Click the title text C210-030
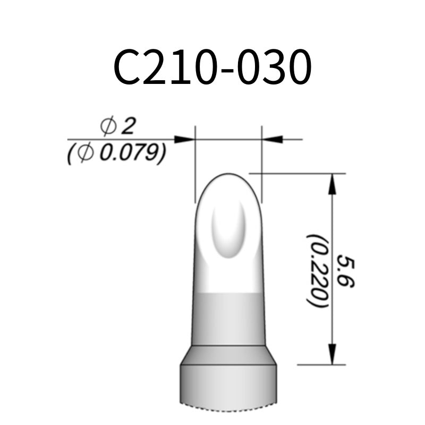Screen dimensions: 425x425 pyautogui.click(x=212, y=68)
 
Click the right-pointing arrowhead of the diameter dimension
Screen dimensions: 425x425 pyautogui.click(x=184, y=139)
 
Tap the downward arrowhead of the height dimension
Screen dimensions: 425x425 pyautogui.click(x=333, y=355)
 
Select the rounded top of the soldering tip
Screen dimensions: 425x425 pyautogui.click(x=228, y=181)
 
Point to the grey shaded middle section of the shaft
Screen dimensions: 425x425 pyautogui.click(x=228, y=319)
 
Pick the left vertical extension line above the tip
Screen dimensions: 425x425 pyautogui.click(x=195, y=159)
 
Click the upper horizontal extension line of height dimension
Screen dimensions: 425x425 pyautogui.click(x=303, y=173)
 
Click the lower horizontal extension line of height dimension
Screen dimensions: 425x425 pyautogui.click(x=319, y=365)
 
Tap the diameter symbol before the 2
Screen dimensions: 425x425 pyautogui.click(x=108, y=126)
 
